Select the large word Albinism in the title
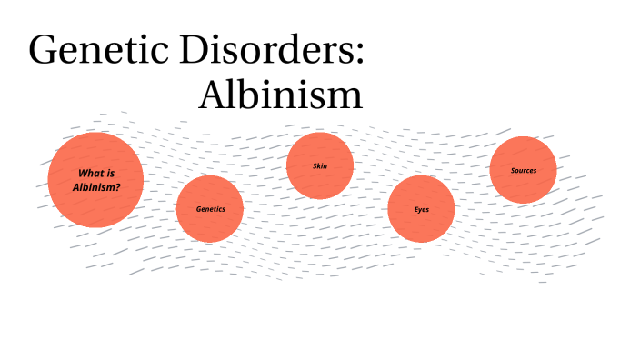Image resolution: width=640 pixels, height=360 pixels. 281,95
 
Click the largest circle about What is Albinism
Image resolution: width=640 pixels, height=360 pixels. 95,179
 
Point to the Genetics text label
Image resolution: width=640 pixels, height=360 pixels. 210,209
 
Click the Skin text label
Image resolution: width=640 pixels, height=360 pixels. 320,165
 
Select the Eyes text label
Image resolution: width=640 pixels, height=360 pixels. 421,210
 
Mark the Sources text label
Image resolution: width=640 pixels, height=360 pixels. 523,170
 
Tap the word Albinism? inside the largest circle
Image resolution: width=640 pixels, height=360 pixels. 95,186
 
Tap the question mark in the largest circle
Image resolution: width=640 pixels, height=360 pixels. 118,186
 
